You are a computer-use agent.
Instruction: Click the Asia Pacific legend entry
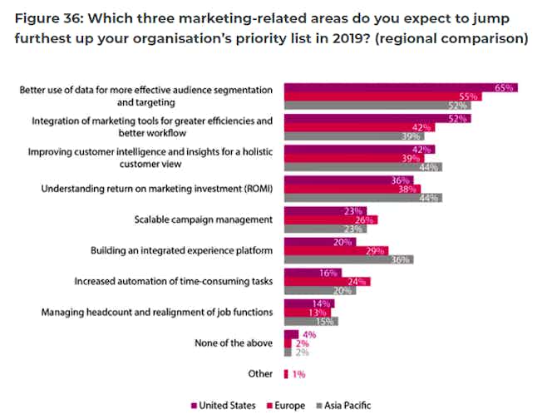click(345, 406)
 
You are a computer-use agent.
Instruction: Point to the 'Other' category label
click(260, 373)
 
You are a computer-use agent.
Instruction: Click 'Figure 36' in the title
click(54, 18)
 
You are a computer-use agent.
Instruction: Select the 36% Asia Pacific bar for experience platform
click(349, 259)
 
